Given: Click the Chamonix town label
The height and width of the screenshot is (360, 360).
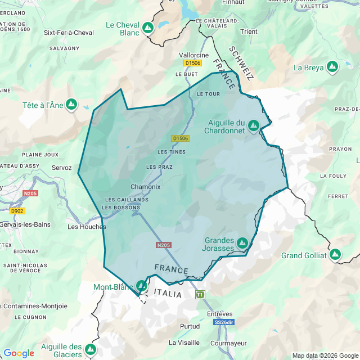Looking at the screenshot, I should [145, 187].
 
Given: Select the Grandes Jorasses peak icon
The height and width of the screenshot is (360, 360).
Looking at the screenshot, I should [242, 243].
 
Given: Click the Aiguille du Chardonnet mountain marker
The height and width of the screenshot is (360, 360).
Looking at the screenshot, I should [254, 125].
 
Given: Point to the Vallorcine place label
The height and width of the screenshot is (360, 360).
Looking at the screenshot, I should [193, 55].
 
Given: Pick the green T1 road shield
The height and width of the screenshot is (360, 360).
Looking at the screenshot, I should [200, 295].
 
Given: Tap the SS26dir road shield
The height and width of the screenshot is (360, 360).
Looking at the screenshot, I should [223, 322].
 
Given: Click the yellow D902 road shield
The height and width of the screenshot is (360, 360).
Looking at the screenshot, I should [17, 211].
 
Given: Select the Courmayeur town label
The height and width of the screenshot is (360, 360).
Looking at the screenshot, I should [228, 343].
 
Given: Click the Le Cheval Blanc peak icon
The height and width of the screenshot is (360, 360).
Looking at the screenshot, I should [148, 28].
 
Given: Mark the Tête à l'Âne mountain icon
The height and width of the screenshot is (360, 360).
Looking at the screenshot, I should [71, 104].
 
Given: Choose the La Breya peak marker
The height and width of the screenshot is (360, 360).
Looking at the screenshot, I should [332, 67].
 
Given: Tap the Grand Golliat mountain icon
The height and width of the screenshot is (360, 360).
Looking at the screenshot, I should [335, 255].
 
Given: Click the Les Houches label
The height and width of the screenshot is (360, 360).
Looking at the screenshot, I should [87, 227].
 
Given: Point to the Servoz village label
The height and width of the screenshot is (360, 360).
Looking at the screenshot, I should [61, 168].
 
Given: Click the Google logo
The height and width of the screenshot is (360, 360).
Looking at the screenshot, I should [19, 353].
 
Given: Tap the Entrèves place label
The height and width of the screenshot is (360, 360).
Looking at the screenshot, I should [219, 313].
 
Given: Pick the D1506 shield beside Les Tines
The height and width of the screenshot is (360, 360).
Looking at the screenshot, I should [181, 138].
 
